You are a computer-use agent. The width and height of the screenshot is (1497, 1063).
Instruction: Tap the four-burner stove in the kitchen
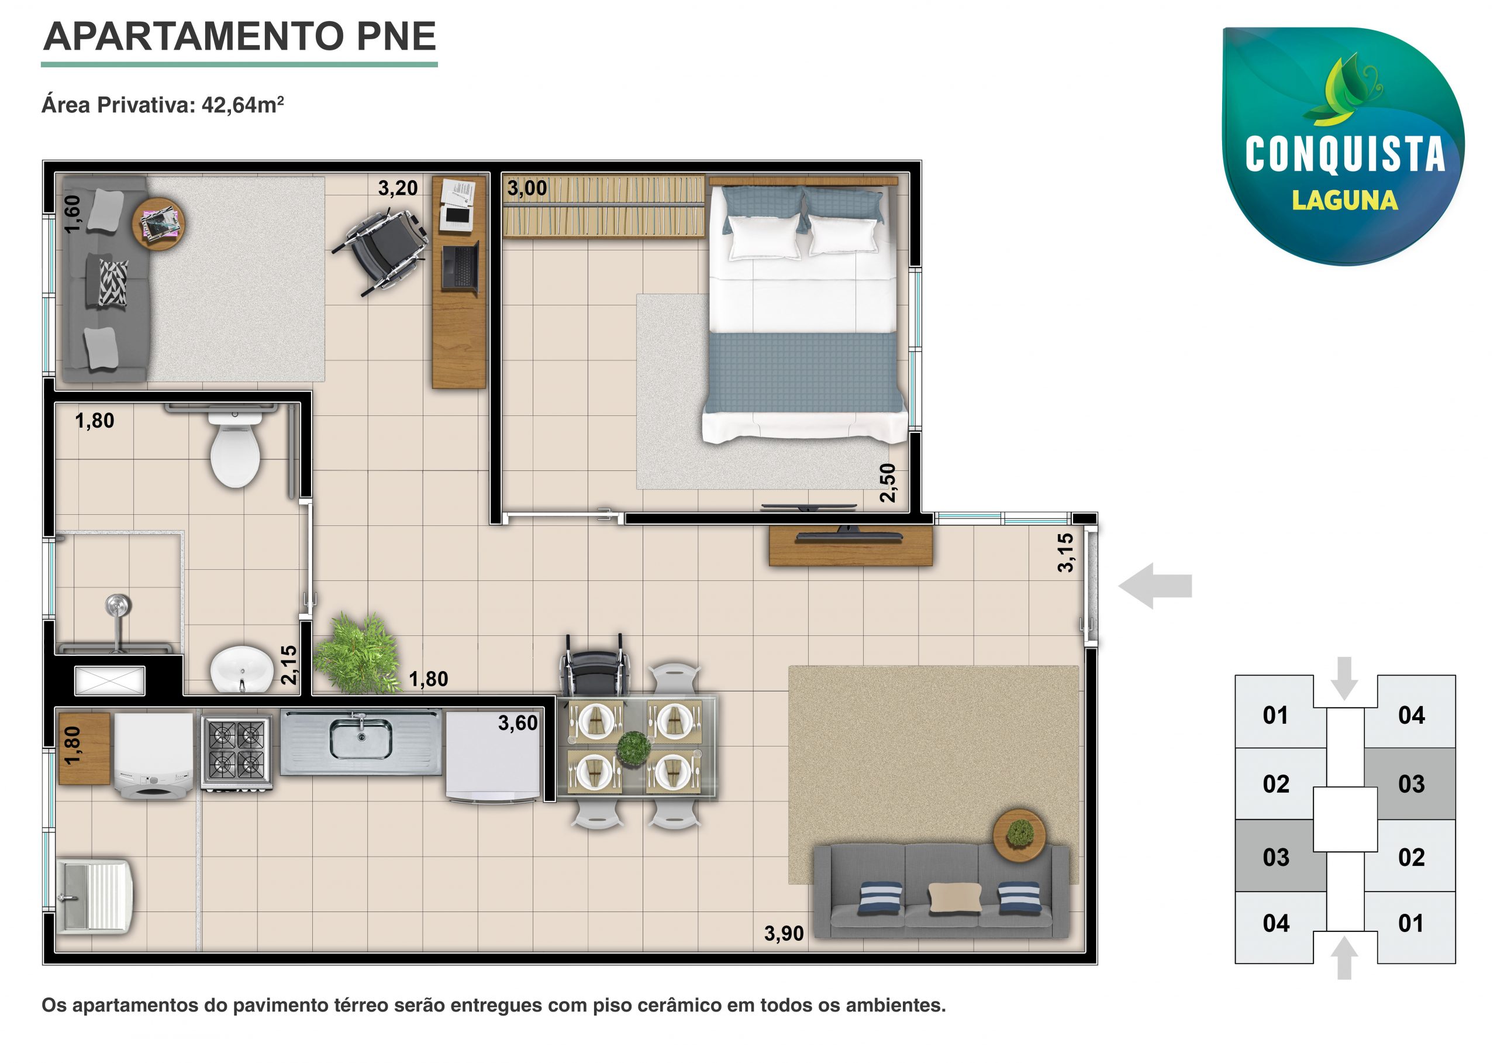coord(236,753)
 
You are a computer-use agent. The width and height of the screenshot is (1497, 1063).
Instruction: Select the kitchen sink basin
coord(361,739)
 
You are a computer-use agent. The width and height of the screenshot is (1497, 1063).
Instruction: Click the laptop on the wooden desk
coord(461,266)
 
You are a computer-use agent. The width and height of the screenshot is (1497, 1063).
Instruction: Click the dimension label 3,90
coord(783,933)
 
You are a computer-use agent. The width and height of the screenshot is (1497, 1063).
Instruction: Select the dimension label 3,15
coord(1065,552)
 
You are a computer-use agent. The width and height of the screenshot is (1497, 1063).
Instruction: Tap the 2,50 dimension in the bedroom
coord(887,483)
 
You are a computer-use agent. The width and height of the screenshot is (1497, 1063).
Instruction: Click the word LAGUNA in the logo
coord(1344,200)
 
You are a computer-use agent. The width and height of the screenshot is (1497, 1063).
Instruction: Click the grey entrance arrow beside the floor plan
coord(1155,586)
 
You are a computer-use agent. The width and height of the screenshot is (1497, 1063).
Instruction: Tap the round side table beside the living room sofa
coord(1019,835)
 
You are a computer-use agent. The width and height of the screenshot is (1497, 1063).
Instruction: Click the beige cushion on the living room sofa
coord(954,897)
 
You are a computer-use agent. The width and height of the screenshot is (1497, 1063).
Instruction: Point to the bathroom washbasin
coord(242,669)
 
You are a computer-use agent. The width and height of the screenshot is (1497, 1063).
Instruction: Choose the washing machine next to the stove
coord(154,756)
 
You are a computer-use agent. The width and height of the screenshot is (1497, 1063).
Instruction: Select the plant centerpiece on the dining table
coord(634,748)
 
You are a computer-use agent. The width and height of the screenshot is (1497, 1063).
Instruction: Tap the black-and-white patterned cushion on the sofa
coord(113,283)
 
